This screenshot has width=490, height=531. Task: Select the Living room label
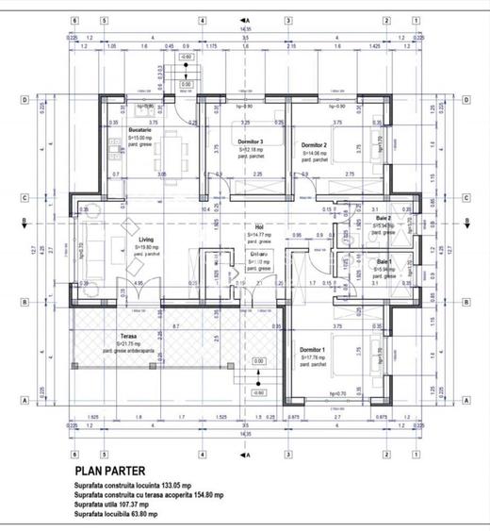[145, 240]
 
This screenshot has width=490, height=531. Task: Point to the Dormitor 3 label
[249, 142]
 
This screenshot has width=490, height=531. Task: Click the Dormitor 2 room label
[313, 145]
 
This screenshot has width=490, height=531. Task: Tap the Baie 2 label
[383, 219]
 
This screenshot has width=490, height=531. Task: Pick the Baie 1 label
[384, 261]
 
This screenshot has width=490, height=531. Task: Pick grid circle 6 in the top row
[73, 19]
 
